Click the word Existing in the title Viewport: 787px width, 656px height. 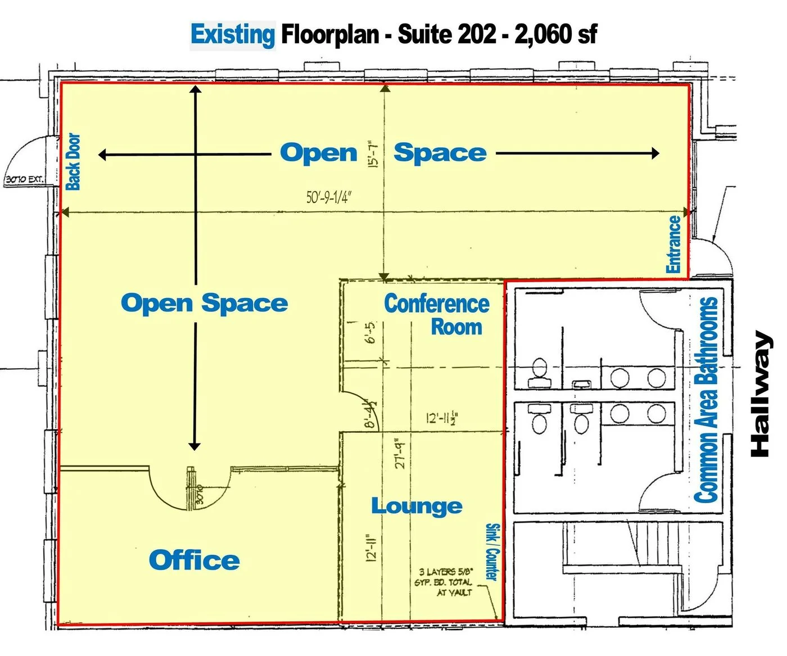tap(233, 35)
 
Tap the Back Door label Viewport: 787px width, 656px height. tap(74, 162)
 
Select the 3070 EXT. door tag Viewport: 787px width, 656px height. tap(24, 180)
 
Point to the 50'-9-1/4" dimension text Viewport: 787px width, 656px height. tap(329, 197)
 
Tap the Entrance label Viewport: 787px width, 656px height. tap(673, 244)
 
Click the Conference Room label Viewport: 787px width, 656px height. tap(437, 315)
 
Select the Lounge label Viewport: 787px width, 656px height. tap(417, 506)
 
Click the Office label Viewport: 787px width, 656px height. tap(195, 560)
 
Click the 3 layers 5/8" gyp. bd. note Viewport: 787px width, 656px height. tap(445, 582)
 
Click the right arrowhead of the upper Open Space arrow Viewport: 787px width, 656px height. tap(655, 153)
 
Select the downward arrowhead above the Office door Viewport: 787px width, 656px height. tap(195, 446)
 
